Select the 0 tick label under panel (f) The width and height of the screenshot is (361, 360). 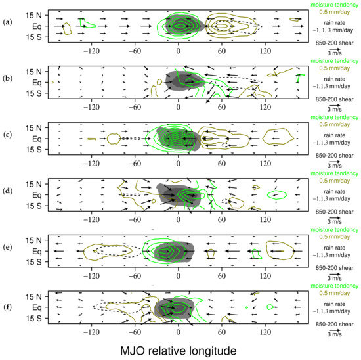click(x=179, y=335)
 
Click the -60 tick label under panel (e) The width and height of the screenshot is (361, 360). click(x=135, y=278)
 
